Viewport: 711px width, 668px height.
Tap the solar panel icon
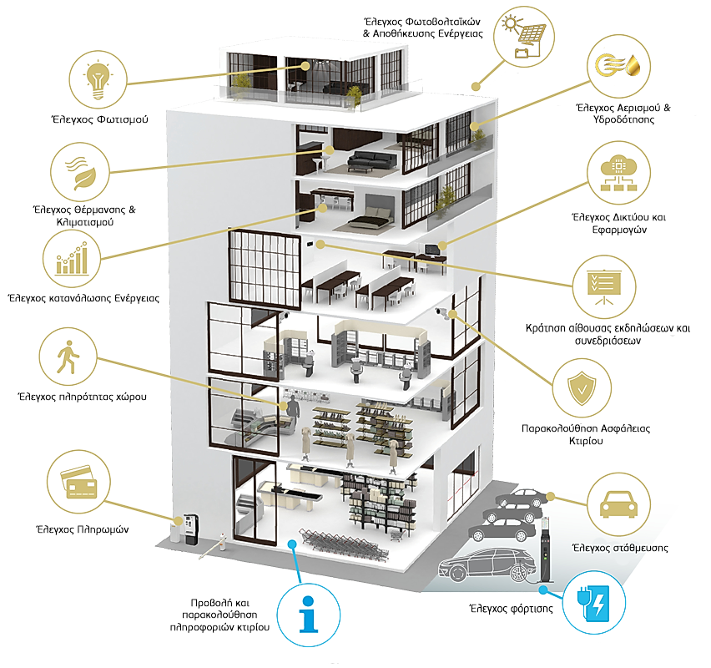526,34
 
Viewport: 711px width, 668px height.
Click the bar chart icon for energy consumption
73,258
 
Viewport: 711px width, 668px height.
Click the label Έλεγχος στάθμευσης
619,549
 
